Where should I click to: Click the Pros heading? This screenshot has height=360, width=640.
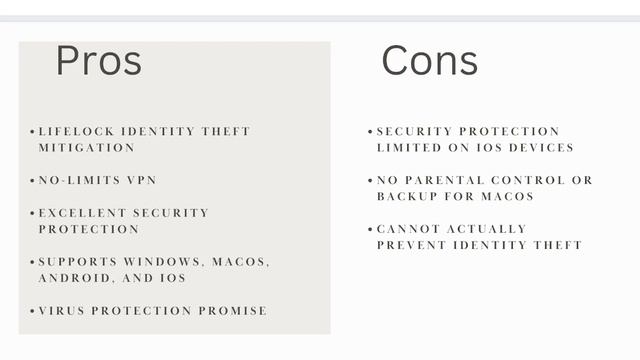pyautogui.click(x=98, y=61)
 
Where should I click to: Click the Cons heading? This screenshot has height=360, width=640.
pyautogui.click(x=429, y=61)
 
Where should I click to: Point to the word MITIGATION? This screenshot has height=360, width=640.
pyautogui.click(x=86, y=147)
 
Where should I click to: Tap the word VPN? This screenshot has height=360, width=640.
pyautogui.click(x=141, y=180)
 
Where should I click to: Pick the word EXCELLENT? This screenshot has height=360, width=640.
pyautogui.click(x=81, y=213)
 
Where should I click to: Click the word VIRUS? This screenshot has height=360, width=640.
pyautogui.click(x=61, y=311)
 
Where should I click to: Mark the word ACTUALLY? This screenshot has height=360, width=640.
pyautogui.click(x=488, y=229)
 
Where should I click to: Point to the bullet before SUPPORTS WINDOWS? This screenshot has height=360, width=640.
pyautogui.click(x=32, y=262)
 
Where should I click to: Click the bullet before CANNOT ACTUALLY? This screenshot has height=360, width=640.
pyautogui.click(x=370, y=229)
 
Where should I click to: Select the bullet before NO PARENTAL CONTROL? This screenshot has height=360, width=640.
pyautogui.click(x=370, y=180)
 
